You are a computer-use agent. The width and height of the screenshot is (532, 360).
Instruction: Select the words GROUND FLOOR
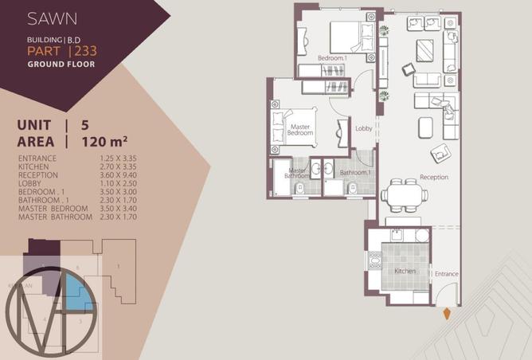click(61, 64)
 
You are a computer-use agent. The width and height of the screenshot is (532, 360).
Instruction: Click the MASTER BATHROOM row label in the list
click(53, 217)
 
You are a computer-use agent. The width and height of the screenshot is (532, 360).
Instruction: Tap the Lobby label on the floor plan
click(363, 128)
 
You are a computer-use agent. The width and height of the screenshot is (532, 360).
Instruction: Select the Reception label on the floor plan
click(433, 177)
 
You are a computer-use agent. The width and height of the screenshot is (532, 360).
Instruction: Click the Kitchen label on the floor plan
click(406, 272)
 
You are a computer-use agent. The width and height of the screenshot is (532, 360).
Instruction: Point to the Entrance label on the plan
click(446, 274)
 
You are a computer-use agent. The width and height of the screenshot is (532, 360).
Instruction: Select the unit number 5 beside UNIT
click(85, 124)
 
